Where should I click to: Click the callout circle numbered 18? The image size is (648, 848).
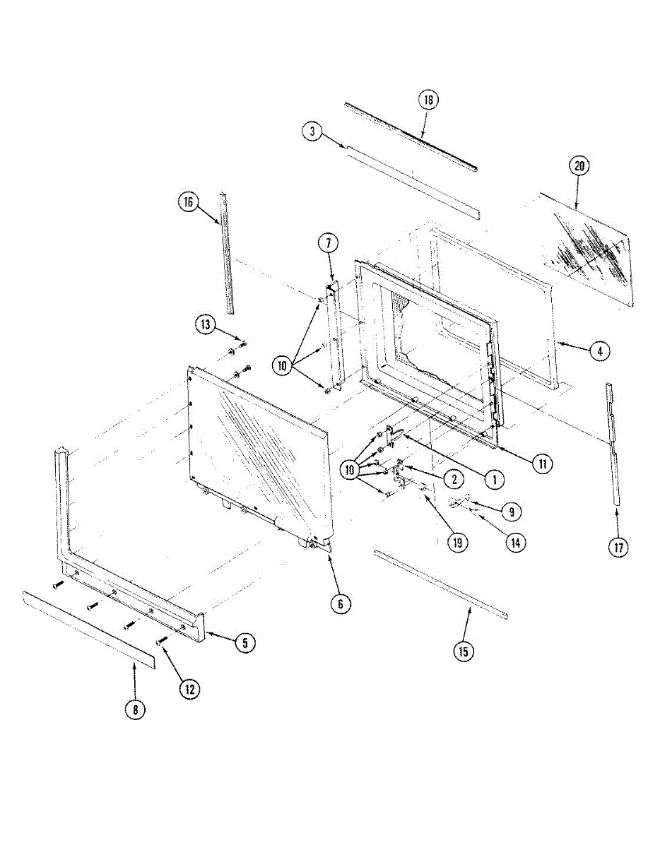pos(428,100)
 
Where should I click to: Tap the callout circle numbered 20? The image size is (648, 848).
pos(579,166)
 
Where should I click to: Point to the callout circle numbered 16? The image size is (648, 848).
pos(188,202)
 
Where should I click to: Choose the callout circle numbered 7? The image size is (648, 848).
pos(328,244)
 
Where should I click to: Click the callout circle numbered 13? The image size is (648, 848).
pos(206,325)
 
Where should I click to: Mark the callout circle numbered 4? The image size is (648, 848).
pos(599,351)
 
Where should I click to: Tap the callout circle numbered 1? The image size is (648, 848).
pos(495,478)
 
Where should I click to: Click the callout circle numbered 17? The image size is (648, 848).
pos(618,548)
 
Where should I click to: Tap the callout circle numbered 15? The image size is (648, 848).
pos(463,651)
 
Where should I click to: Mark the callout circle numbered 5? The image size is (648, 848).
pos(245,643)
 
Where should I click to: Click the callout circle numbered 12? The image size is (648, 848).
pos(188,689)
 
